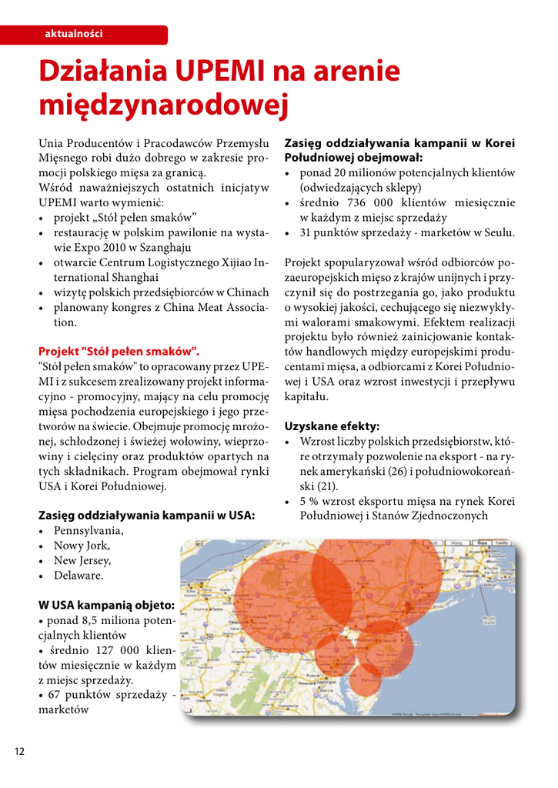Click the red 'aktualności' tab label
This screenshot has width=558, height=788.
(x=74, y=34)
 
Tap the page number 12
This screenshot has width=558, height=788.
(x=18, y=751)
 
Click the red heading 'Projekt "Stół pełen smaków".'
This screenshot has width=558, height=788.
(x=119, y=350)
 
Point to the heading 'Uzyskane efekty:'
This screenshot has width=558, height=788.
(x=332, y=425)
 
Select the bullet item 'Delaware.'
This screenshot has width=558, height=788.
(x=79, y=574)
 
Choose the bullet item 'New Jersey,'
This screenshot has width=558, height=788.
(x=83, y=560)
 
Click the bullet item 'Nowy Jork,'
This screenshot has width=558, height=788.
(x=82, y=546)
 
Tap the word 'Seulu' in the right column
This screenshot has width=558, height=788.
(x=497, y=232)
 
